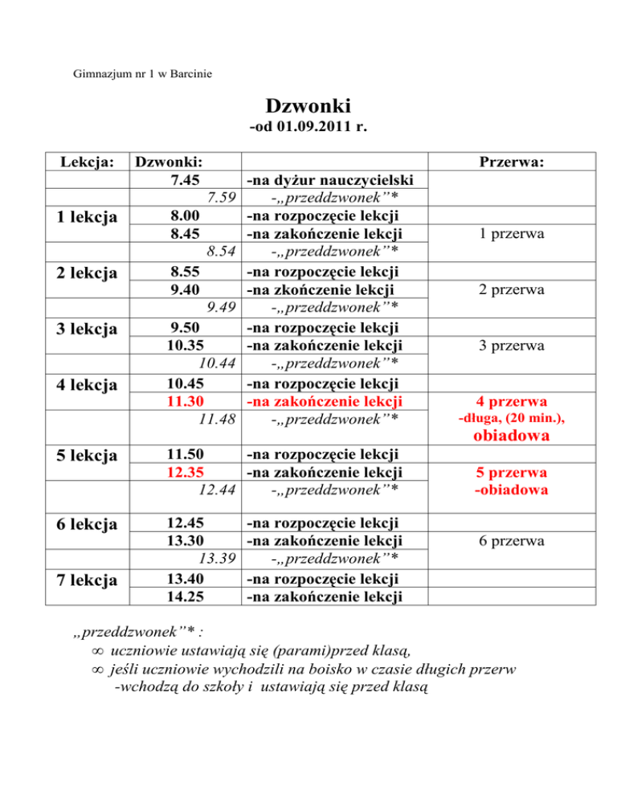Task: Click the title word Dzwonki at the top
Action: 308,106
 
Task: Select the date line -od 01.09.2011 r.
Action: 308,128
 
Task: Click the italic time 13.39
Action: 215,559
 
